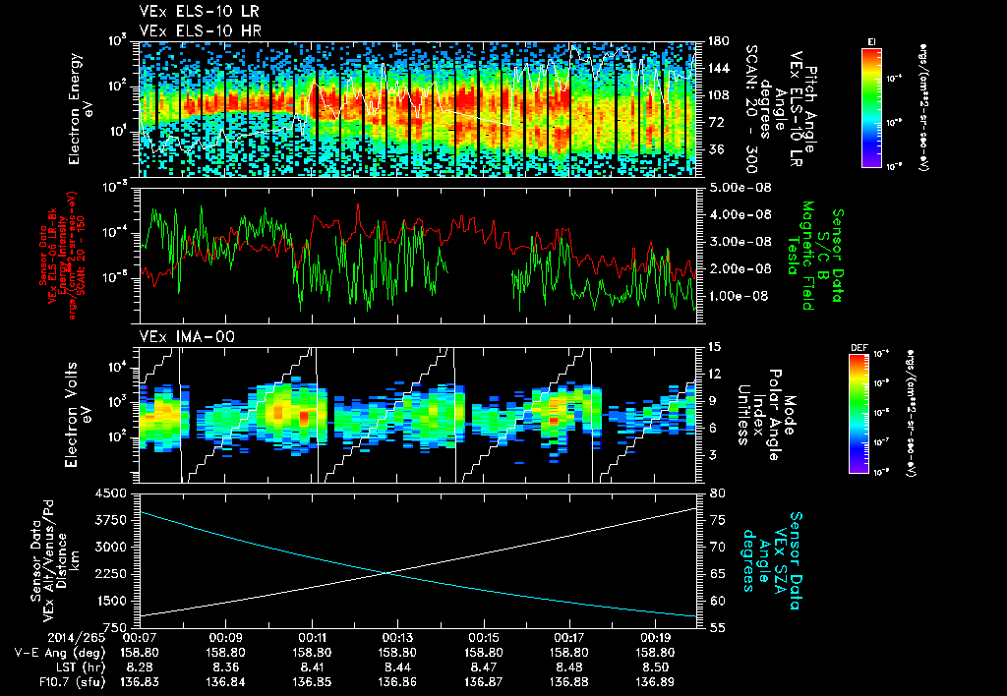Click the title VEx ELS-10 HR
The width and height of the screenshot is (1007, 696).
pyautogui.click(x=189, y=30)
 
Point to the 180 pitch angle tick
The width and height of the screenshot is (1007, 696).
pyautogui.click(x=717, y=41)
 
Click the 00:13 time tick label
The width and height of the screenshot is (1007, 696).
pyautogui.click(x=397, y=637)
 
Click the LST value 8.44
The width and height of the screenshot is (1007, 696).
pyautogui.click(x=397, y=667)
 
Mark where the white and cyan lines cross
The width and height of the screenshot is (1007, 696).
pyautogui.click(x=387, y=572)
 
